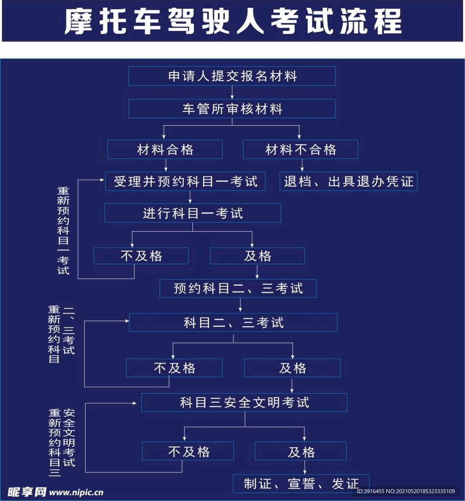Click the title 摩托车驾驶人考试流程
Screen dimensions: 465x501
[233, 22]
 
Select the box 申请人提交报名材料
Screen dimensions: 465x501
[232, 76]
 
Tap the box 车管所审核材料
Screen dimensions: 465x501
[232, 109]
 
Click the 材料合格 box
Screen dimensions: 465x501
[165, 149]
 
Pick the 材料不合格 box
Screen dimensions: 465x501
[301, 149]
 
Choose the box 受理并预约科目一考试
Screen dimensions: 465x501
[185, 182]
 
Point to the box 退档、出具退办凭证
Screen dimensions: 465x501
[349, 182]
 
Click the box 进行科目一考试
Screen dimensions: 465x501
[193, 213]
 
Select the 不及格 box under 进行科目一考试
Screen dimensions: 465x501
[141, 255]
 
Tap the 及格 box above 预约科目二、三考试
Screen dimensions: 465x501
[257, 255]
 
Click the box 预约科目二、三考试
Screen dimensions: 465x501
[238, 288]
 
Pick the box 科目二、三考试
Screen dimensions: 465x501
[233, 322]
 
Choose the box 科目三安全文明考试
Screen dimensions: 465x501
[244, 402]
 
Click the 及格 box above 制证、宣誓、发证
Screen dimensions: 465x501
[301, 451]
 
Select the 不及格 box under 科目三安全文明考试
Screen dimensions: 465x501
[188, 451]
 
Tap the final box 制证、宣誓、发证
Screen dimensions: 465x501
[301, 484]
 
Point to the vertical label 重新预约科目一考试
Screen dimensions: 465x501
[63, 231]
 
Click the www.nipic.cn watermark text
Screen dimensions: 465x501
[76, 492]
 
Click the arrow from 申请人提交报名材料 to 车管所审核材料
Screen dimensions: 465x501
[232, 92]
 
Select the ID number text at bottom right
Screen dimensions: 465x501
[406, 491]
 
